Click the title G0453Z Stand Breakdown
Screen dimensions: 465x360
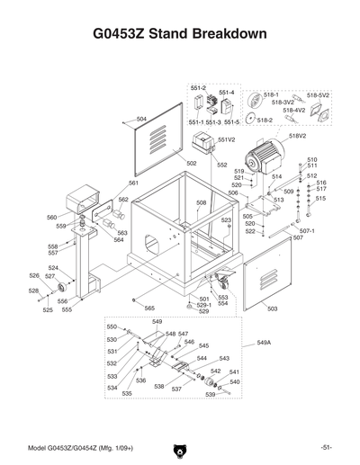[180, 35]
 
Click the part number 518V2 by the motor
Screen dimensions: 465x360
[297, 135]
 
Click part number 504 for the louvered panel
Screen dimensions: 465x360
[141, 118]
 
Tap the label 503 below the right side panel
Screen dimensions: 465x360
[272, 309]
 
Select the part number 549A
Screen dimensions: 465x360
[264, 343]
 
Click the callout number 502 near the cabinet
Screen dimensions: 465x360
[192, 163]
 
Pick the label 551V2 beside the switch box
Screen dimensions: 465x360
[225, 139]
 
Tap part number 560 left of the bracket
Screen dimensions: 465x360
[51, 218]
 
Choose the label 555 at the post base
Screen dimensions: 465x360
[67, 309]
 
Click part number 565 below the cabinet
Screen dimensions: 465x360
[149, 309]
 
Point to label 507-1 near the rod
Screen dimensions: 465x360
[307, 231]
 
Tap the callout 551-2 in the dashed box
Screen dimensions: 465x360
[198, 87]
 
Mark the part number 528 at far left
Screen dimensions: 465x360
[32, 291]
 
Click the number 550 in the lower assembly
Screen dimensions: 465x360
[112, 326]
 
